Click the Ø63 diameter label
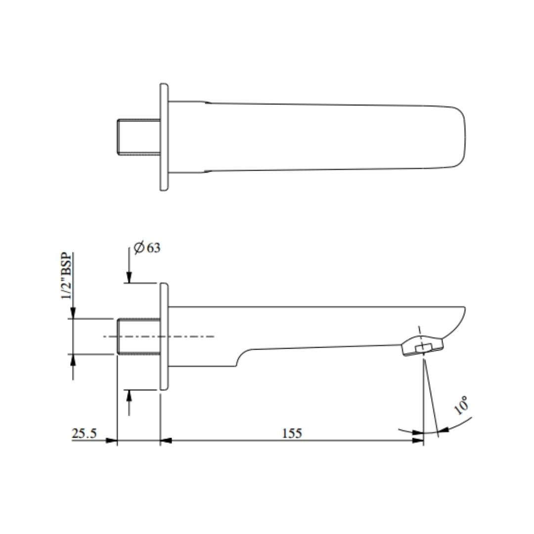(147, 247)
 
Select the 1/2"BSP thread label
(67, 276)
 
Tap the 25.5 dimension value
(84, 433)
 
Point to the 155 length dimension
(292, 433)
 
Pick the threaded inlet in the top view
(138, 137)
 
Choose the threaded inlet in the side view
(138, 337)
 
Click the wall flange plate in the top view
(164, 137)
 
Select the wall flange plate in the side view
(164, 337)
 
